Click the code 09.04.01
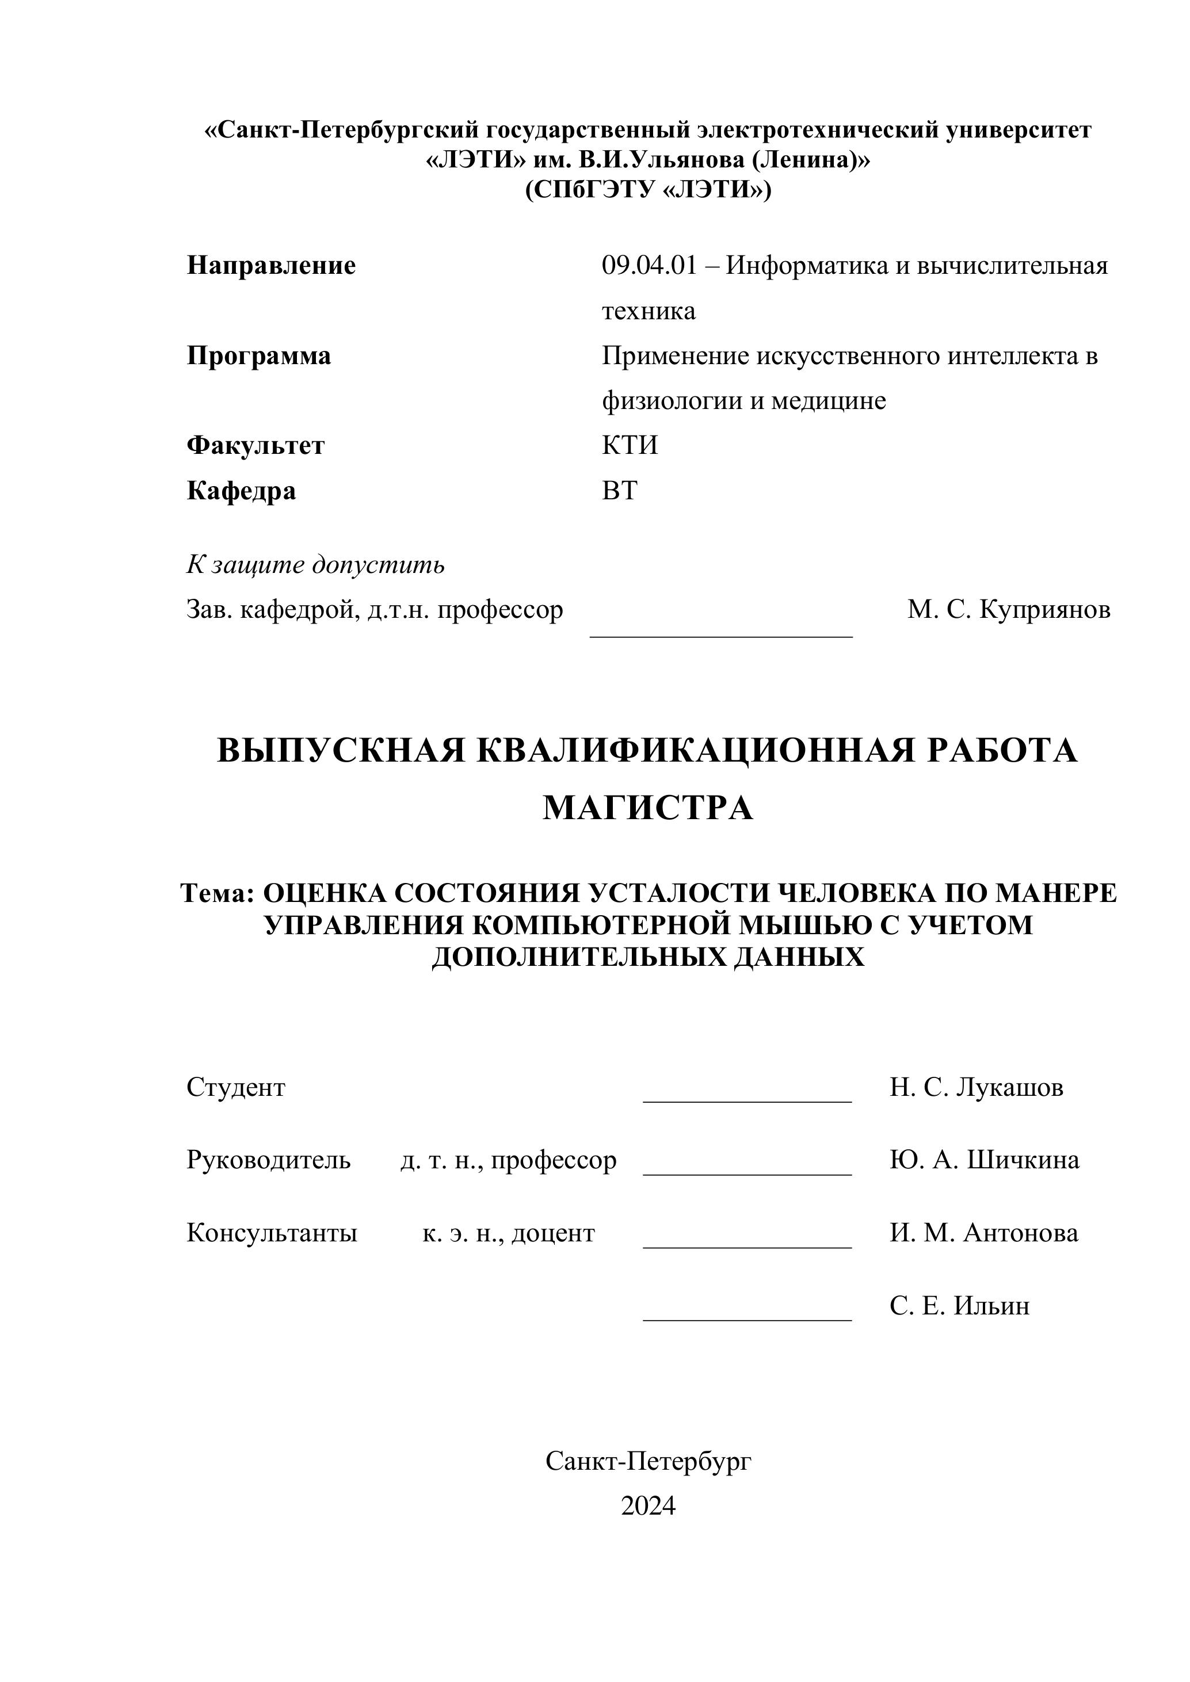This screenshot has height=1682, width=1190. [649, 265]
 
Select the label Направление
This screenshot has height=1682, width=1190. [271, 265]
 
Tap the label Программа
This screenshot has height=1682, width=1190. [259, 356]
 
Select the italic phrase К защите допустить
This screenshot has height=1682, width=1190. [315, 565]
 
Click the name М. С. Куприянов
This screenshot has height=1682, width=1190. [1008, 610]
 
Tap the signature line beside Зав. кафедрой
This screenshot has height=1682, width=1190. [721, 634]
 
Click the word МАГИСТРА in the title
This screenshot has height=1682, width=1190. [648, 808]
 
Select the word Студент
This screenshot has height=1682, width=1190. [236, 1087]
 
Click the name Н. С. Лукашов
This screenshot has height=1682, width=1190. [976, 1087]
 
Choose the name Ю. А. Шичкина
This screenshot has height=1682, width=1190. [984, 1160]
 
